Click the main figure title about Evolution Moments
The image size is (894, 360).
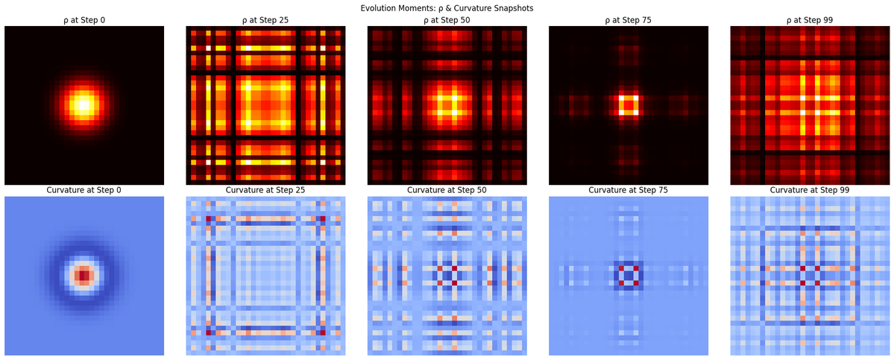click(447, 7)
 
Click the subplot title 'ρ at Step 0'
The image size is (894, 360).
click(84, 20)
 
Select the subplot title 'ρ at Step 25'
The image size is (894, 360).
click(265, 20)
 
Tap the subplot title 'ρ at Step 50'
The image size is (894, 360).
click(447, 20)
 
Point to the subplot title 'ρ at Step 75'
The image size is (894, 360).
click(628, 20)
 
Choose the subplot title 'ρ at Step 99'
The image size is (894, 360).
click(809, 20)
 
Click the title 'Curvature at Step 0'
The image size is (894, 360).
click(84, 190)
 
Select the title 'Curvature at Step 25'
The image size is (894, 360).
click(265, 190)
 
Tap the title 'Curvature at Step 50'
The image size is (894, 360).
click(447, 190)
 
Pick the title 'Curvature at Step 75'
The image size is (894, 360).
click(628, 190)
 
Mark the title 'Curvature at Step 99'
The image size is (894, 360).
click(809, 190)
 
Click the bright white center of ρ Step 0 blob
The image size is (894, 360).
click(84, 105)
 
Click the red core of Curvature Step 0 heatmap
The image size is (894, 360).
click(84, 276)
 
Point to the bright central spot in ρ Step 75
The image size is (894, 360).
click(628, 105)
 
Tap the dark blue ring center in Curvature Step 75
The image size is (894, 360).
click(628, 276)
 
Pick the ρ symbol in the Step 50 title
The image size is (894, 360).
click(422, 21)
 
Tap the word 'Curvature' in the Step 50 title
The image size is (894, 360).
click(427, 190)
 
